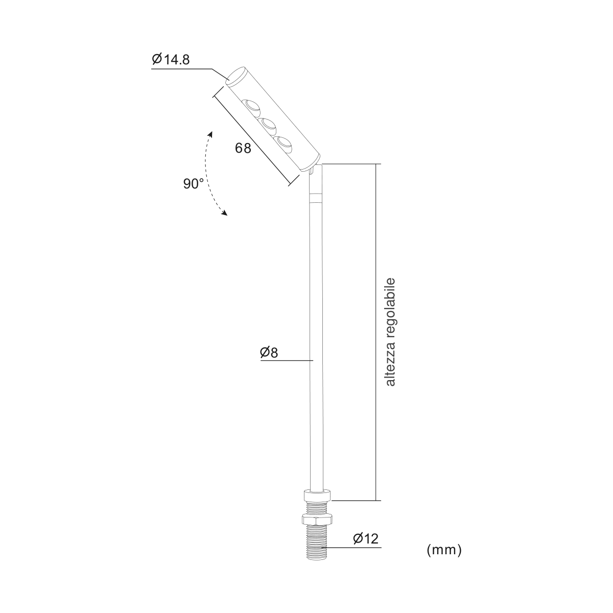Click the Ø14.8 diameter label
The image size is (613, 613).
(x=171, y=59)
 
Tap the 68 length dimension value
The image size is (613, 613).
(x=243, y=148)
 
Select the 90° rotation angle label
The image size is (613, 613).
(x=194, y=184)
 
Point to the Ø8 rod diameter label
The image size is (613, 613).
(x=269, y=352)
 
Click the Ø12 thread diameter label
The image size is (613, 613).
(x=366, y=538)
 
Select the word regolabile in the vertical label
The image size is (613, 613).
(x=390, y=308)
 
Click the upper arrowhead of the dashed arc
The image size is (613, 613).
(x=210, y=134)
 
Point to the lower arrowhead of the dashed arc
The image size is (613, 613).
(x=225, y=213)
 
